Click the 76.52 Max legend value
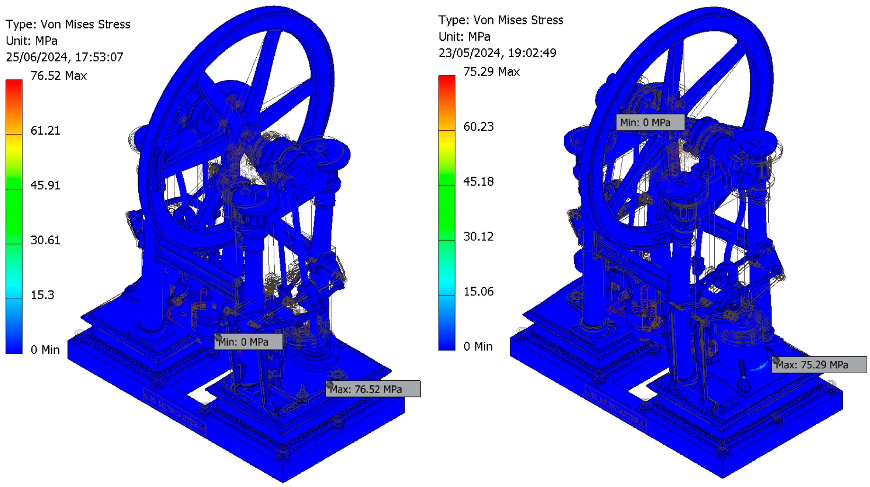click(x=58, y=76)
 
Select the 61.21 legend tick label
click(x=45, y=131)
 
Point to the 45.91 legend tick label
click(x=45, y=185)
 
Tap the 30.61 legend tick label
click(x=45, y=240)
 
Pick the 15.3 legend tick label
click(x=42, y=295)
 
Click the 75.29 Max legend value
click(x=491, y=71)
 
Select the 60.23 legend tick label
click(x=478, y=126)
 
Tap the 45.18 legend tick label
click(x=478, y=181)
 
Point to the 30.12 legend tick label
click(x=478, y=237)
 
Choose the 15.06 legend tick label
click(x=478, y=291)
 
